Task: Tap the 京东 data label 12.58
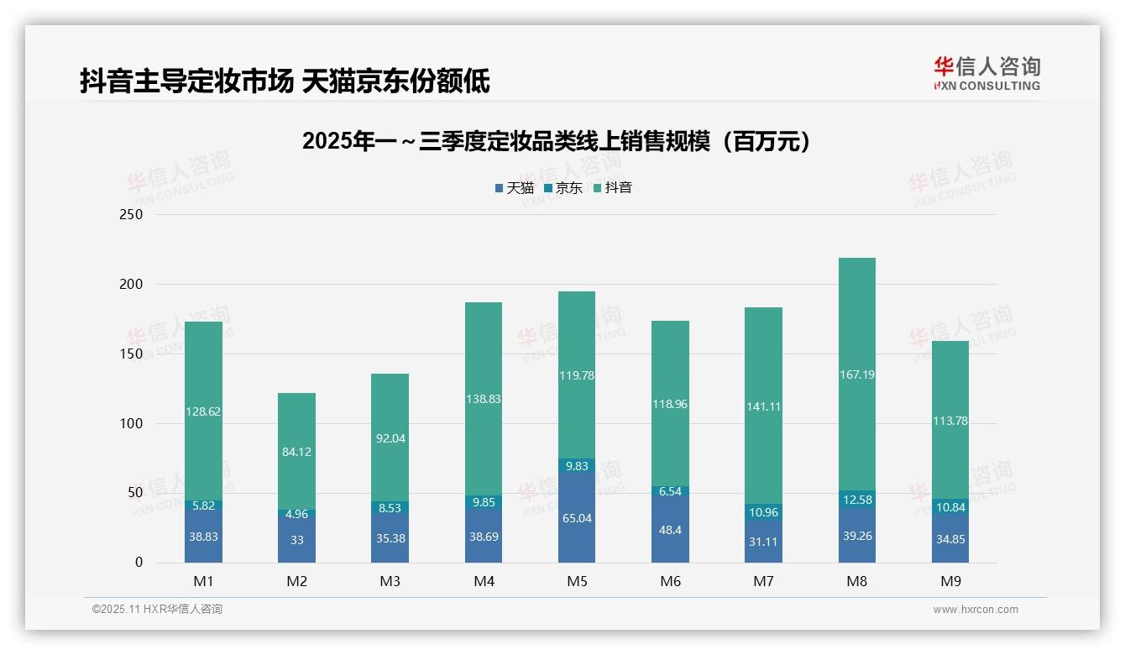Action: tap(856, 500)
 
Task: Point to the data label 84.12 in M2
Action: tap(296, 452)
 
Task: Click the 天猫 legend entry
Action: tap(514, 188)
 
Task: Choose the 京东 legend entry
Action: tap(562, 188)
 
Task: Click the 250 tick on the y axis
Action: tap(132, 215)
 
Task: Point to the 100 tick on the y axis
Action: tap(132, 424)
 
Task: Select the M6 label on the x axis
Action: tap(670, 581)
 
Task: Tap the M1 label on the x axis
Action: tap(203, 581)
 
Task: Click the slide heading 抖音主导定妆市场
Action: tap(285, 81)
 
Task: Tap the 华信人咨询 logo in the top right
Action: tap(986, 73)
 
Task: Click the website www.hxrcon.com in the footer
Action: tap(976, 610)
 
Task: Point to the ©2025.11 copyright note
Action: tap(157, 610)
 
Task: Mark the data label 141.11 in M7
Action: tap(763, 406)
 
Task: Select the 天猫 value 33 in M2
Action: tap(296, 540)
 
